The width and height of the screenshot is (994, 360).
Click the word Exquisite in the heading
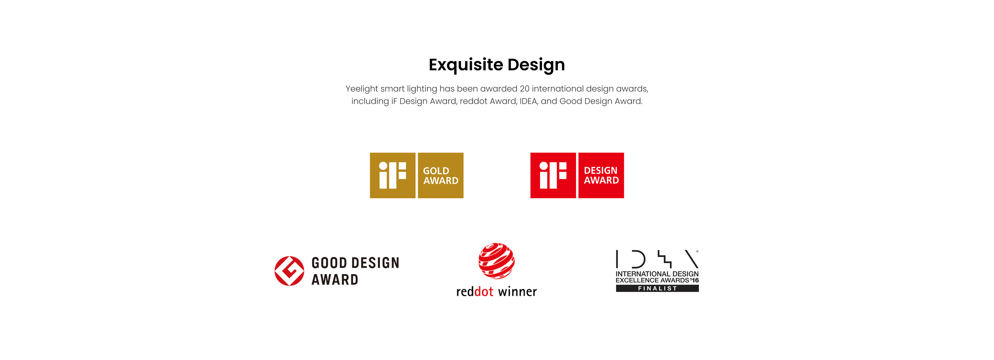[x=466, y=65]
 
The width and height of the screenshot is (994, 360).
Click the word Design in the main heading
[x=536, y=65]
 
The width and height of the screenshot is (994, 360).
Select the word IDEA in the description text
[x=529, y=101]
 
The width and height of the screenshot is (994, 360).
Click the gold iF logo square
[x=392, y=175]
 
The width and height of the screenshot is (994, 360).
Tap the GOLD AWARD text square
[x=441, y=175]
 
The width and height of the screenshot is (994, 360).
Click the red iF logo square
[x=553, y=175]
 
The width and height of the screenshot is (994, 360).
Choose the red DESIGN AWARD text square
[x=601, y=175]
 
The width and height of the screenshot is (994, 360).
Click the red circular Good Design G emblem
[x=289, y=271]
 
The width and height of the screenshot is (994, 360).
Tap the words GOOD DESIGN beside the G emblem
[x=355, y=263]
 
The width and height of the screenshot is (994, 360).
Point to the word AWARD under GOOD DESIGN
[x=335, y=279]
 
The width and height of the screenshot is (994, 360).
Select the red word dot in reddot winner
[x=484, y=291]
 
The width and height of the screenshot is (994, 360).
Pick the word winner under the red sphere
[x=517, y=292]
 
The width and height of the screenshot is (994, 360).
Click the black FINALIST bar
[x=657, y=288]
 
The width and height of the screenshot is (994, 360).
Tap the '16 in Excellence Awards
[x=695, y=280]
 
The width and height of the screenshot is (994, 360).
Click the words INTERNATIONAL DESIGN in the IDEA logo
[x=657, y=274]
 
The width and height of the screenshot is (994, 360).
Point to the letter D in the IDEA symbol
[x=639, y=259]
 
